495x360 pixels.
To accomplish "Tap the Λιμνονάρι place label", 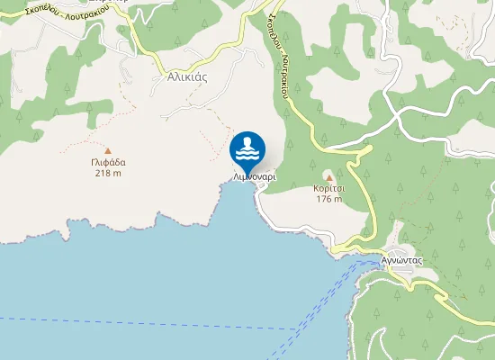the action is coord(255,177).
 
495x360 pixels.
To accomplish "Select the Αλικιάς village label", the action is coord(187,76).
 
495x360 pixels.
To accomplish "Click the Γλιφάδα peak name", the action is coord(108,163).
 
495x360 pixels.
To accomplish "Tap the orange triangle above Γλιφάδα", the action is coord(108,151).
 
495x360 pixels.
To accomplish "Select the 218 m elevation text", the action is coord(108,174).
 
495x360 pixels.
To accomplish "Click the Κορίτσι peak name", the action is coord(328,189).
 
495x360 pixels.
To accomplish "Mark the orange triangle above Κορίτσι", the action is coord(328,176).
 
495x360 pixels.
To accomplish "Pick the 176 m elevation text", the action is coord(328,200).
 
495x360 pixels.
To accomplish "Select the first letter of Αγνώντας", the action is coord(384,258).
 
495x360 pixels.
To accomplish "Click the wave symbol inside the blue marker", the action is coord(247,148).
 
